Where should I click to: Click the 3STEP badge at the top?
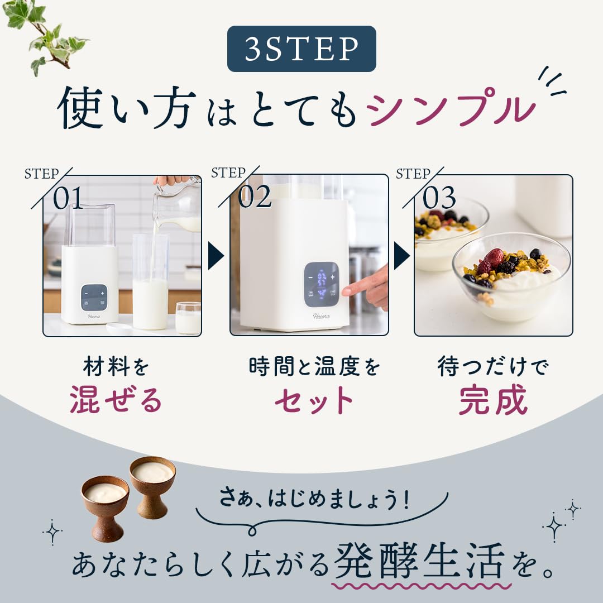pyautogui.click(x=301, y=49)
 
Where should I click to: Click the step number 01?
pyautogui.click(x=68, y=198)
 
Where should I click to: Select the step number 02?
pyautogui.click(x=255, y=197)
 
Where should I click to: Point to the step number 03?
pyautogui.click(x=439, y=198)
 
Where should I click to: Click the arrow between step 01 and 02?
pyautogui.click(x=216, y=255)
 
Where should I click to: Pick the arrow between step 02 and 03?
pyautogui.click(x=402, y=255)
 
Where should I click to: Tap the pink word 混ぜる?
pyautogui.click(x=116, y=400)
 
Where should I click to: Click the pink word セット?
pyautogui.click(x=314, y=400)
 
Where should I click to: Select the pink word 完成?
pyautogui.click(x=494, y=400)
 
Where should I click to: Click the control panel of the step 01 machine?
pyautogui.click(x=94, y=298)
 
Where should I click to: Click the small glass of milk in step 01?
pyautogui.click(x=189, y=318)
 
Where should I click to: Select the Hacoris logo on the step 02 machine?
pyautogui.click(x=321, y=316)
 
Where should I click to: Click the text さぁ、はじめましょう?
pyautogui.click(x=314, y=499)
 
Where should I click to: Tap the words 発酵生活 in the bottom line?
pyautogui.click(x=420, y=562)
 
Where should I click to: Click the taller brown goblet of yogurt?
pyautogui.click(x=152, y=486)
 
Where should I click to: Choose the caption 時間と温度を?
pyautogui.click(x=314, y=366)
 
